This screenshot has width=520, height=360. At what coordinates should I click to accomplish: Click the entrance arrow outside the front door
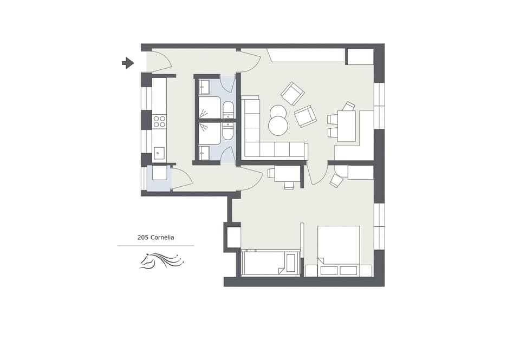(128, 63)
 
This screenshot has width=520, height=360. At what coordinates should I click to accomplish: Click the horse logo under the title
(161, 260)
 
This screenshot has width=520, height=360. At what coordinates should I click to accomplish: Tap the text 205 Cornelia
(155, 237)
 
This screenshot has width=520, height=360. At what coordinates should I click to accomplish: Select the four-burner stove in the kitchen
(159, 121)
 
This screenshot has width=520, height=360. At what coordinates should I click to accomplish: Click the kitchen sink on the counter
(159, 153)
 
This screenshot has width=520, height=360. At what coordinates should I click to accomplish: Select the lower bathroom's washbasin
(205, 153)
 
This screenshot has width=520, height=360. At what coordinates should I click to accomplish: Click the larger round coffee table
(278, 126)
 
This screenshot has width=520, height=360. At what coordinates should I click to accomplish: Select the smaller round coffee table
(278, 112)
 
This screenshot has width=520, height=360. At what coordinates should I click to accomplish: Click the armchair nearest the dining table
(305, 116)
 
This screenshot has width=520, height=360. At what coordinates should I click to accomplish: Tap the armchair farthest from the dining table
(292, 93)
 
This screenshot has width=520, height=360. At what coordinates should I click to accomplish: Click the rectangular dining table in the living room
(346, 126)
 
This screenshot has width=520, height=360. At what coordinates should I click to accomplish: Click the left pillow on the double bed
(330, 270)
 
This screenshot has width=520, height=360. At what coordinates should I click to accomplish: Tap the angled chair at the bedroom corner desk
(336, 180)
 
